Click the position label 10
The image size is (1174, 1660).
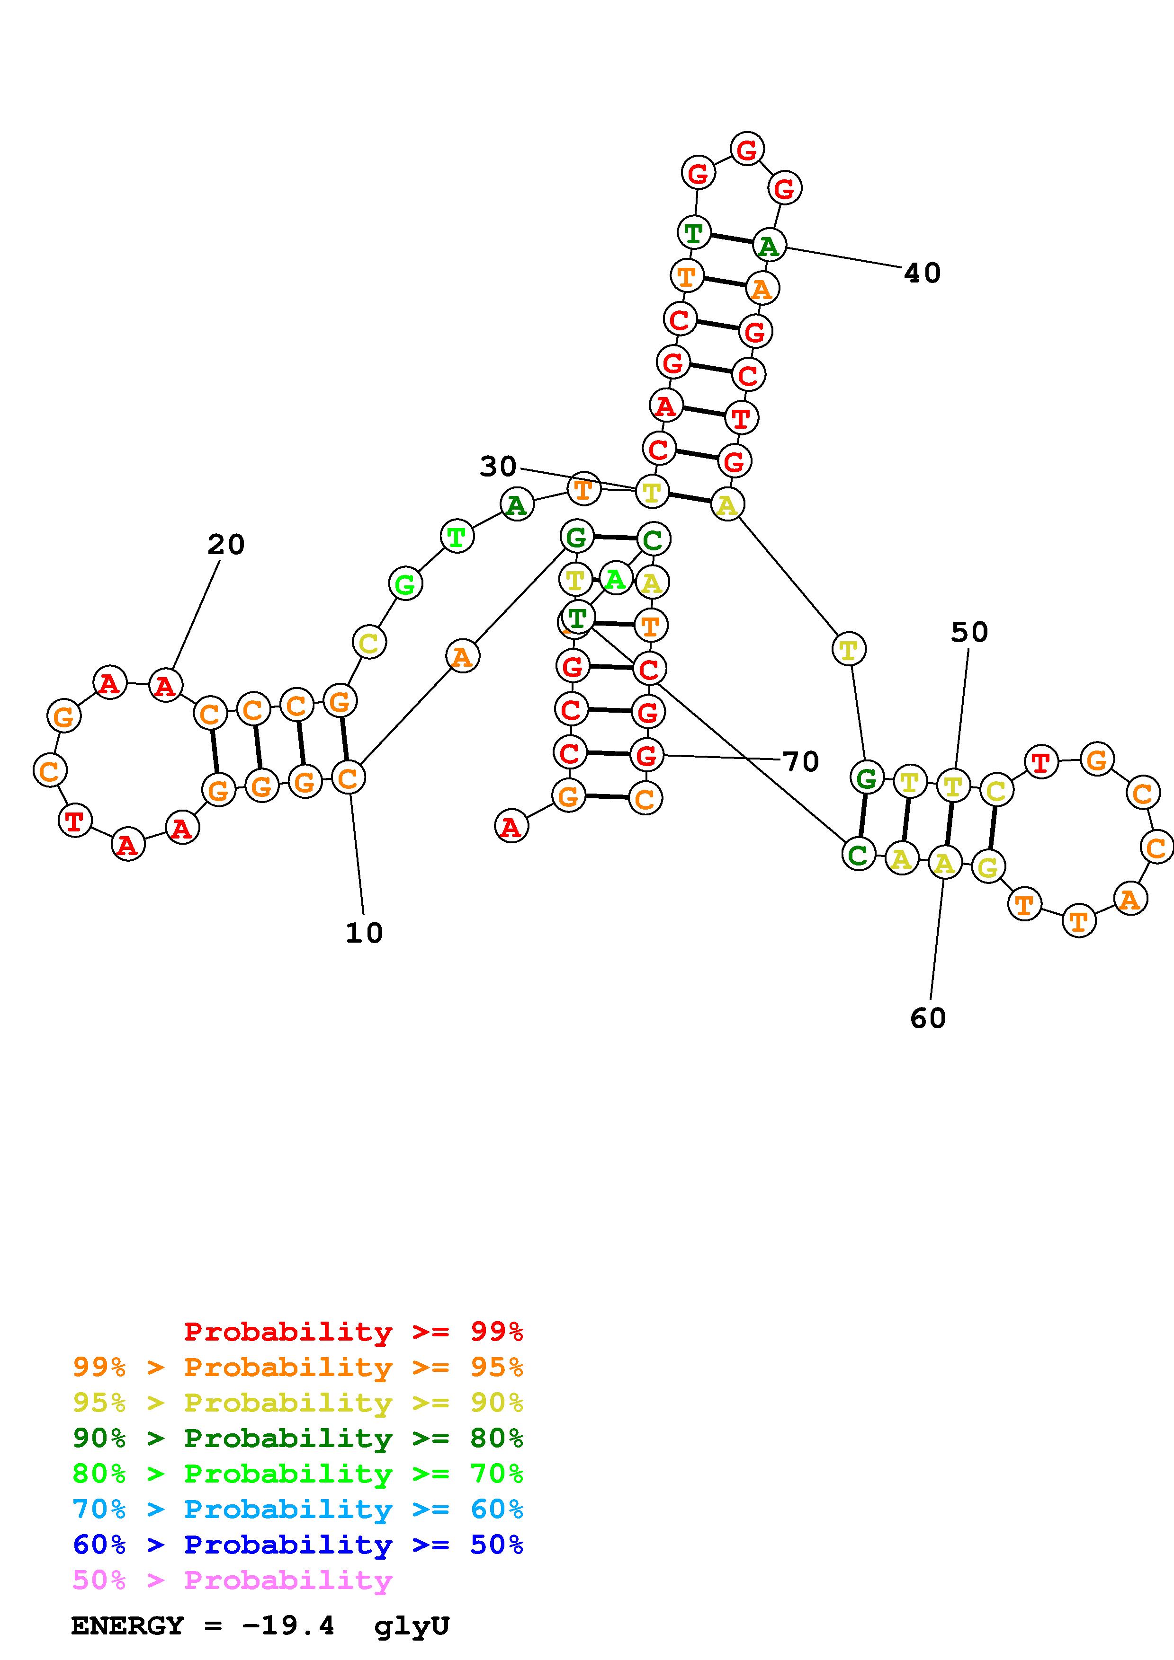pos(364,933)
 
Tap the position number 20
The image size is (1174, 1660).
pos(226,544)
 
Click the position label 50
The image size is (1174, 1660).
pos(968,633)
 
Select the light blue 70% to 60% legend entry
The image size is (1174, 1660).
pos(298,1510)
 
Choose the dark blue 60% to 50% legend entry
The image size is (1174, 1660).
pos(298,1545)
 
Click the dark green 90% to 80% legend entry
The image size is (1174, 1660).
pos(298,1439)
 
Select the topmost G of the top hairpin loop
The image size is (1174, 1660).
pos(746,150)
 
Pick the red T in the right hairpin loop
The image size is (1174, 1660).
pos(1040,763)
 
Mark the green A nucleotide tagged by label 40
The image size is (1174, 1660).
pos(768,246)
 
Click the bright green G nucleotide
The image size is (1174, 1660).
pos(405,583)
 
